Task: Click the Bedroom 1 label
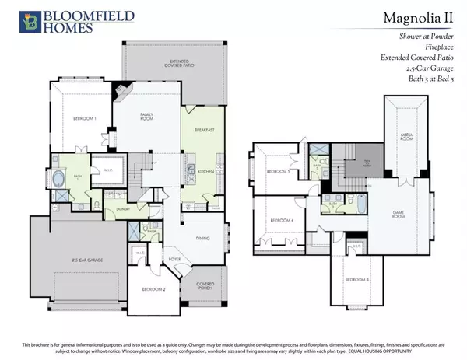74,118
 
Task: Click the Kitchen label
205,171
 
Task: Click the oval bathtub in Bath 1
61,178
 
